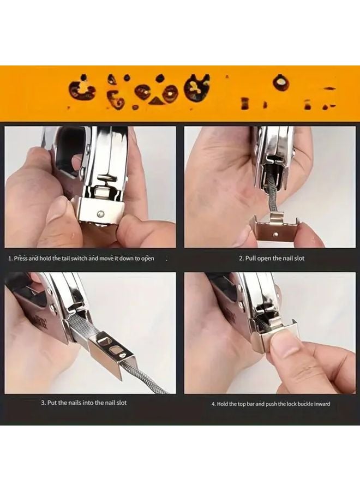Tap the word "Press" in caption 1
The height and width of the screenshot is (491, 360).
click(21, 258)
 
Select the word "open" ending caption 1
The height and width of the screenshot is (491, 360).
click(148, 258)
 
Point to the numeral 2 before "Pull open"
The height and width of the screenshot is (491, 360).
click(241, 258)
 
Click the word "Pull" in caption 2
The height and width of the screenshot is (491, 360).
click(251, 258)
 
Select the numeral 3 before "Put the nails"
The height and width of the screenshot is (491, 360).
click(43, 403)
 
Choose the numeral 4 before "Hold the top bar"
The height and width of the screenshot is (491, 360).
click(213, 404)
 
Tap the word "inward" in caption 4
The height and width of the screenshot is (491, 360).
click(322, 404)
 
